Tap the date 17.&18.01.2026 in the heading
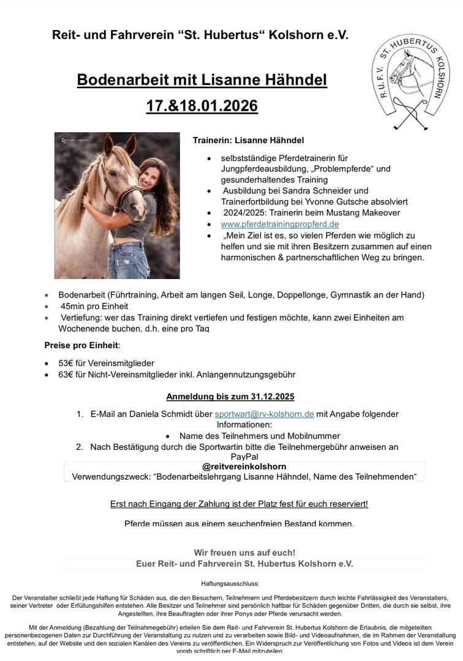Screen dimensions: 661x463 pos(201,106)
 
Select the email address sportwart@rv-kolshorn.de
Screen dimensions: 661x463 pos(264,414)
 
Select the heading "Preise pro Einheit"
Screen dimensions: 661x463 pos(81,345)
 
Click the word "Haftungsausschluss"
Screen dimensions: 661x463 pos(230,584)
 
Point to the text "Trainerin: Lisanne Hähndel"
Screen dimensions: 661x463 pos(248,140)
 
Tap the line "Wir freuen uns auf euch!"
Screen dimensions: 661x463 pos(244,552)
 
